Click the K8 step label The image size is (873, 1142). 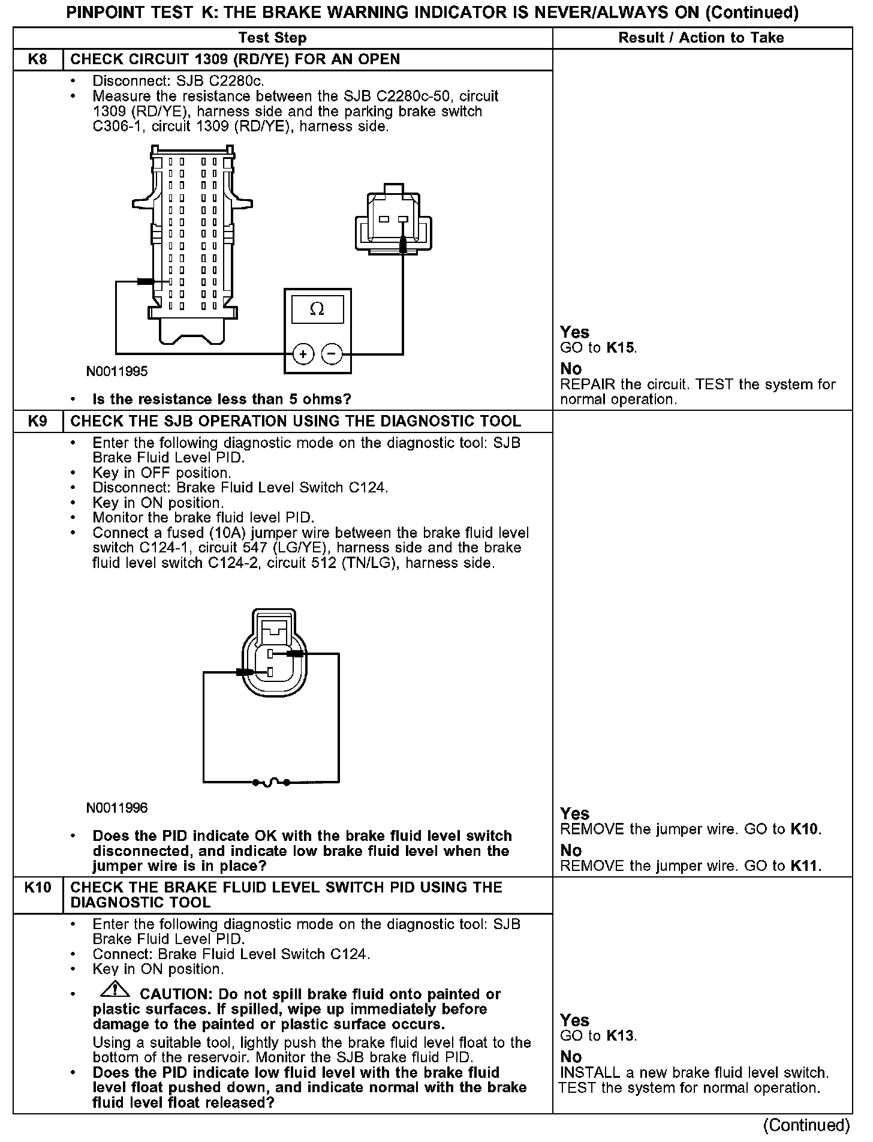(37, 59)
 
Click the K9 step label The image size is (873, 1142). (37, 421)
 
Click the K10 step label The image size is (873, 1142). (37, 887)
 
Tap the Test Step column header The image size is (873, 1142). (272, 38)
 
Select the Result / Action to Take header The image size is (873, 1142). (701, 38)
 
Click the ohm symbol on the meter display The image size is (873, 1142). (317, 309)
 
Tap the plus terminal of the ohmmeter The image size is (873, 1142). (303, 354)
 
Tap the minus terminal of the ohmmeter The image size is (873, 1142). (332, 354)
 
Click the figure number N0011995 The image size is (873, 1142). (117, 371)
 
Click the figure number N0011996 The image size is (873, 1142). (117, 808)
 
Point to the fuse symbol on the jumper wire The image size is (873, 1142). (272, 782)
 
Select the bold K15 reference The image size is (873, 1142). (621, 348)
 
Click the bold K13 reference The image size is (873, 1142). (621, 1036)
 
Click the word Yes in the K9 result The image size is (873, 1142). (574, 814)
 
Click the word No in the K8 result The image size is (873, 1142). (571, 369)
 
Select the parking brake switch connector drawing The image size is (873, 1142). (393, 222)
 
